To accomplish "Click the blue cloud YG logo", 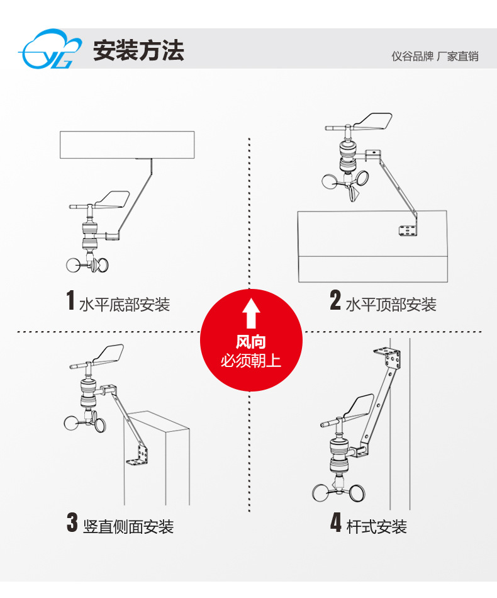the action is pyautogui.click(x=50, y=49).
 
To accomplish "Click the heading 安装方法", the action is pyautogui.click(x=138, y=50).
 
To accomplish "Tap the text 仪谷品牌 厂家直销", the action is pyautogui.click(x=435, y=57).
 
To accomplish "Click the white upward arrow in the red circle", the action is pyautogui.click(x=251, y=313).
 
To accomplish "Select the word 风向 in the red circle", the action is pyautogui.click(x=250, y=342).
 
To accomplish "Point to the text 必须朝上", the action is pyautogui.click(x=250, y=361).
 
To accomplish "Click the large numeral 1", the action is pyautogui.click(x=70, y=300).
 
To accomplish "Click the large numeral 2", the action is pyautogui.click(x=335, y=300).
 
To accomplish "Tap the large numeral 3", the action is pyautogui.click(x=72, y=522).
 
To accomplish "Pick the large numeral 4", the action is pyautogui.click(x=336, y=522).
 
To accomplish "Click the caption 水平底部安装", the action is pyautogui.click(x=125, y=305).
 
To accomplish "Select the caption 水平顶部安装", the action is pyautogui.click(x=391, y=305).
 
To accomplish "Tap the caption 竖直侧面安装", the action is pyautogui.click(x=128, y=527).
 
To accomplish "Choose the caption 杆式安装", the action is pyautogui.click(x=376, y=527).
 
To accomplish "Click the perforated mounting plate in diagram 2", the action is pyautogui.click(x=408, y=230).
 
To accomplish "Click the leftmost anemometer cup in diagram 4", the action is pyautogui.click(x=323, y=492).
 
